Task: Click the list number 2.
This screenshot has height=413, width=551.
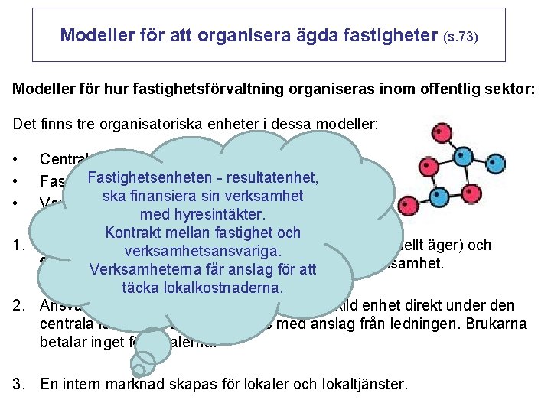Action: point(19,306)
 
